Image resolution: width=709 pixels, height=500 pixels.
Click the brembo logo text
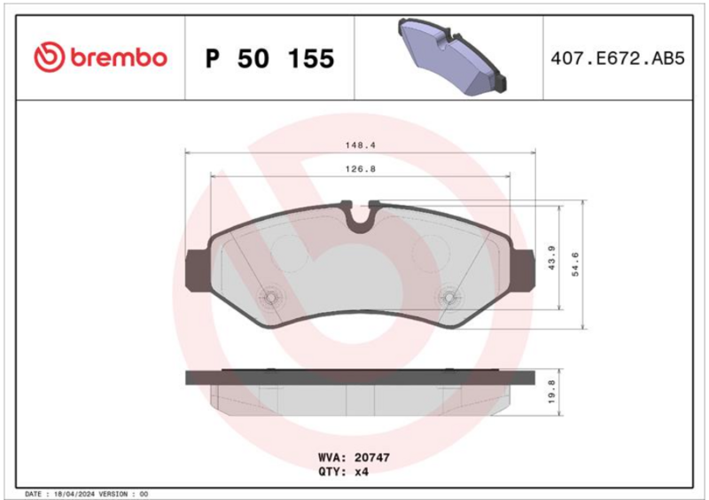[119, 58]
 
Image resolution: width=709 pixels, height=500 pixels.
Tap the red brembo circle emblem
[50, 58]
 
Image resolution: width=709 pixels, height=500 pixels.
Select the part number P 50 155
[270, 59]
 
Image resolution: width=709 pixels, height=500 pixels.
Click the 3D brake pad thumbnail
[452, 56]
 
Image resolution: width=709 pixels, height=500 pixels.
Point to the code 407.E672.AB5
[618, 59]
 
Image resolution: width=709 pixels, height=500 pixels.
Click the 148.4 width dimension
[361, 145]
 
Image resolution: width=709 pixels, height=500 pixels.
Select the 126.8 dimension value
[361, 168]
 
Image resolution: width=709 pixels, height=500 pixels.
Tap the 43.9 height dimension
[551, 258]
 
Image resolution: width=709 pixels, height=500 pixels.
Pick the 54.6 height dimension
[575, 265]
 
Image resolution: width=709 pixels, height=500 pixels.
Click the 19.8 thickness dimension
[551, 392]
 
